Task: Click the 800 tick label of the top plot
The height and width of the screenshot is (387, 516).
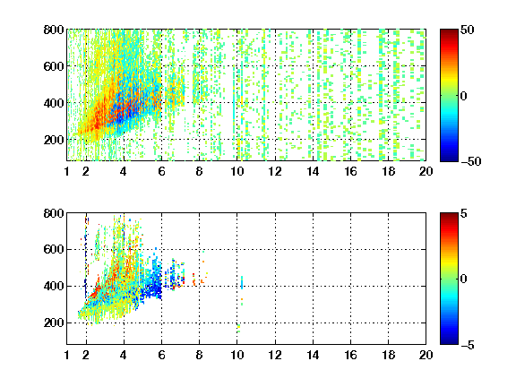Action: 54,30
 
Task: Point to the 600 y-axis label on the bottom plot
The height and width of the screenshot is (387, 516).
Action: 54,249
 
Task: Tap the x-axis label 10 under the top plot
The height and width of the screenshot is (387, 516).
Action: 236,171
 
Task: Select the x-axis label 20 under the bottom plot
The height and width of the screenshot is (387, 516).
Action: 426,355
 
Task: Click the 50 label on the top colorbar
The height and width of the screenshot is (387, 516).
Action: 467,30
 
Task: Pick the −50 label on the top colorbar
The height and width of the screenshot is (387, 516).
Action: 471,161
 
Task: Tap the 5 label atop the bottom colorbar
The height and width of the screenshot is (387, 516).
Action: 464,213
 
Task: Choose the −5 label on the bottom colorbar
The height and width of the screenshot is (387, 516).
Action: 468,345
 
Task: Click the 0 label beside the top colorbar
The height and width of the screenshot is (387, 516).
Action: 464,96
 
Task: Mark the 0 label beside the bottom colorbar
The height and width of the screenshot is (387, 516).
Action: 464,279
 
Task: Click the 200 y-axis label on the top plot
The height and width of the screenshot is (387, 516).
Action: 54,140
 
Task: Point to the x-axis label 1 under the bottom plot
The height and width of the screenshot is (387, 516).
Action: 67,355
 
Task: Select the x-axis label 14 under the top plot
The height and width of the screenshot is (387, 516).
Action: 313,171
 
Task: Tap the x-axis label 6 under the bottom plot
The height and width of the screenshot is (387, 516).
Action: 161,355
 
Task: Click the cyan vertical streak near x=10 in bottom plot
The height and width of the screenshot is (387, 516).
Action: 242,282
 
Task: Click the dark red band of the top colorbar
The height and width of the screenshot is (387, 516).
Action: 449,33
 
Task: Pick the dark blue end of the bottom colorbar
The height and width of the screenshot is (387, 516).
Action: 449,340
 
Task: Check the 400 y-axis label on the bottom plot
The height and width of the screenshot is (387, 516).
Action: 54,286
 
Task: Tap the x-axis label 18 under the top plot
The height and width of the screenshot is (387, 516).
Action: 388,171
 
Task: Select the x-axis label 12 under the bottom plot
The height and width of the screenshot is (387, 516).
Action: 275,355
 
